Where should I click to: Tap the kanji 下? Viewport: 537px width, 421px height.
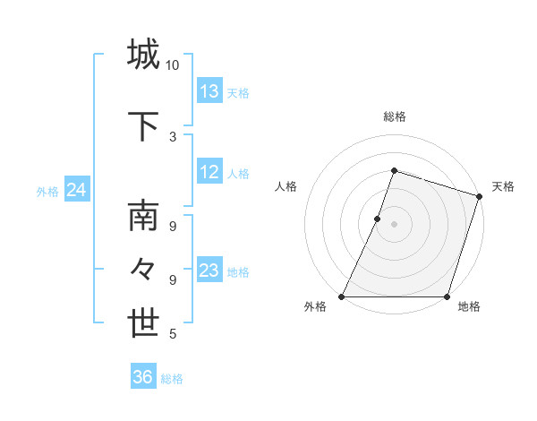tap(143, 126)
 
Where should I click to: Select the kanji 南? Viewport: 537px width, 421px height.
tap(143, 218)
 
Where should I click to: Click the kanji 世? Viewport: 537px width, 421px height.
tap(143, 324)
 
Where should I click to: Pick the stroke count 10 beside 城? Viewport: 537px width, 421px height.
tap(172, 64)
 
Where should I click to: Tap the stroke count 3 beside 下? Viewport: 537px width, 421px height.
tap(172, 136)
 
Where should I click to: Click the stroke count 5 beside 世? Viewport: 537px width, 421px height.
tap(172, 334)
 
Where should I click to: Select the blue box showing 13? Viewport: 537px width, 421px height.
tap(209, 91)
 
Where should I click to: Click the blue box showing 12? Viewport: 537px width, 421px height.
tap(209, 173)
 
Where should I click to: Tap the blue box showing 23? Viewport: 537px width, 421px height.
tap(209, 271)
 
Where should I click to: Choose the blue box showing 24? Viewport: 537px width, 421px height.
tap(76, 190)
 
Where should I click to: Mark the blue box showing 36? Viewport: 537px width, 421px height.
tap(142, 377)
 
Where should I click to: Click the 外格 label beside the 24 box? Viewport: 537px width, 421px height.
tap(47, 191)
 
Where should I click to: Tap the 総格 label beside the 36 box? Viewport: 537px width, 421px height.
tap(172, 379)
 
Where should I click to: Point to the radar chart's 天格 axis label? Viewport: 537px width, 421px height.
tap(503, 186)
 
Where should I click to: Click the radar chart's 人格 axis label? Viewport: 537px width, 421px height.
tap(286, 186)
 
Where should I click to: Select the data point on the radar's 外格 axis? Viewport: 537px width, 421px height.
tap(342, 296)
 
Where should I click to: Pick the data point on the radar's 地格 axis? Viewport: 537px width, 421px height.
tap(447, 296)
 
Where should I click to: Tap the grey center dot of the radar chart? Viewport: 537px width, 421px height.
tap(394, 224)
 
